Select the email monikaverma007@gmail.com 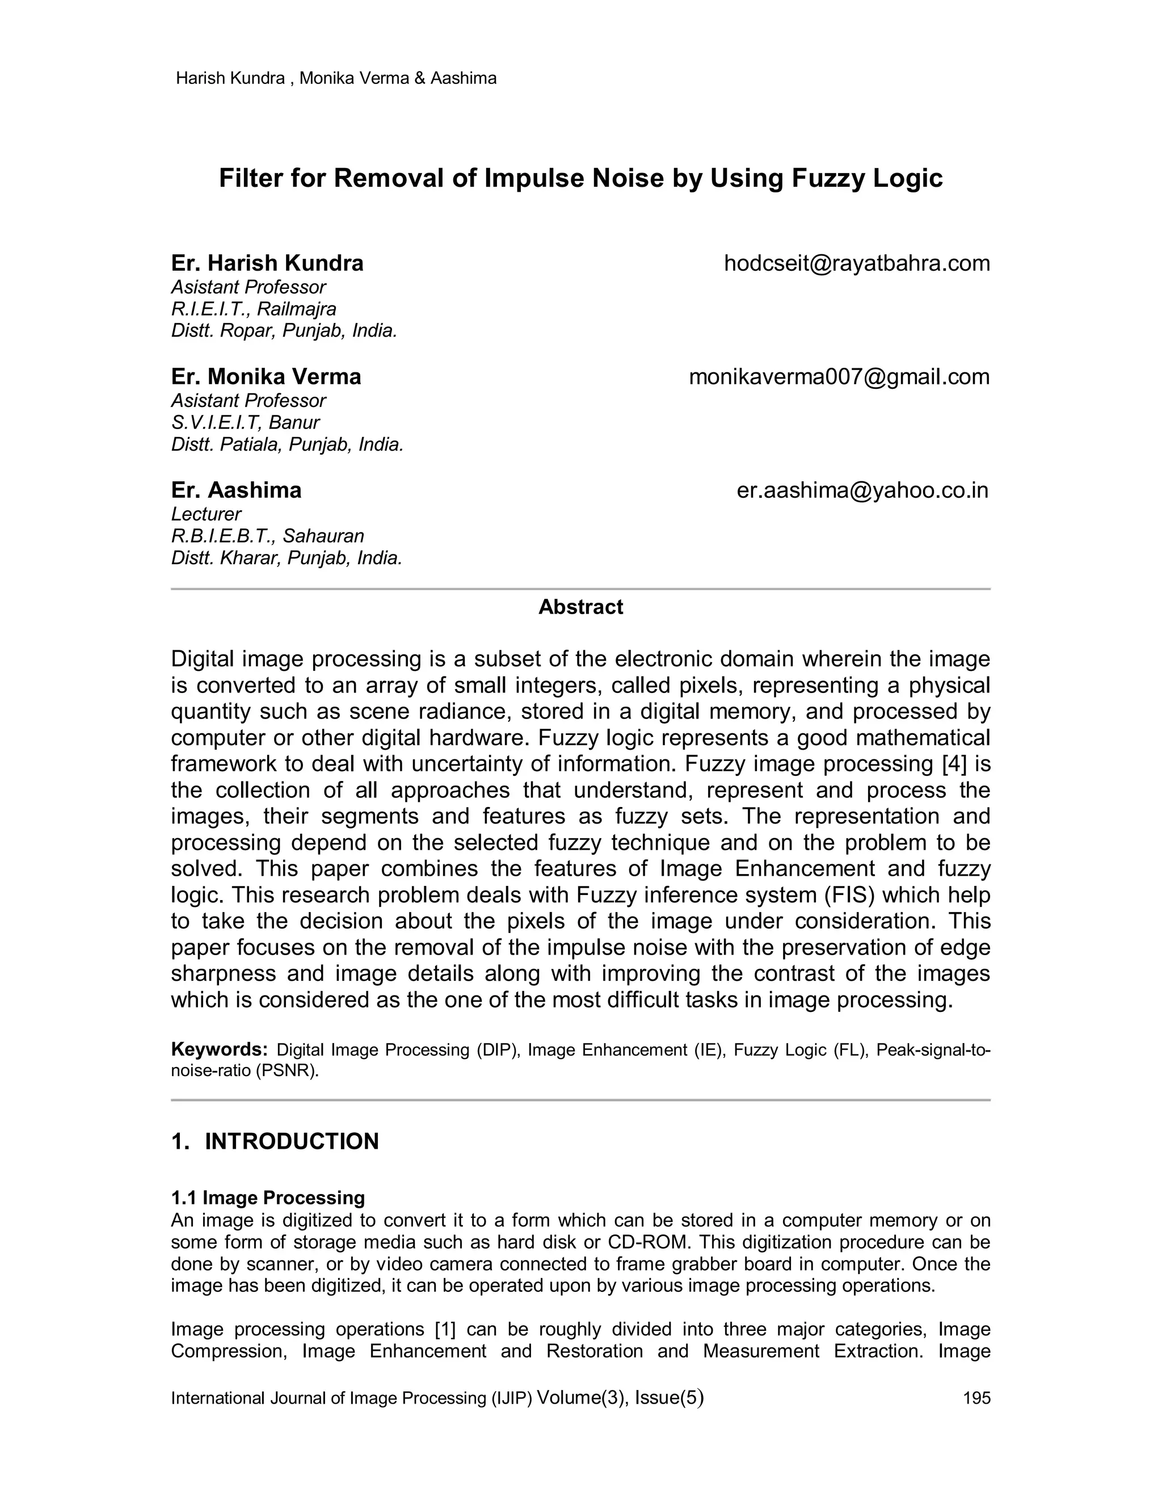point(839,377)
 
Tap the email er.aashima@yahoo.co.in point(862,491)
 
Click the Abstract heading point(580,607)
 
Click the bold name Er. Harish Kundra point(267,264)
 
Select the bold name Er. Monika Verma point(266,377)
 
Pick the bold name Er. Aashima point(236,491)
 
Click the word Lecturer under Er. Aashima point(206,514)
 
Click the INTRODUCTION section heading point(291,1142)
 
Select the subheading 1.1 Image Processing point(268,1198)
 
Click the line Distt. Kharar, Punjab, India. point(287,558)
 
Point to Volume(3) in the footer point(580,1397)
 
